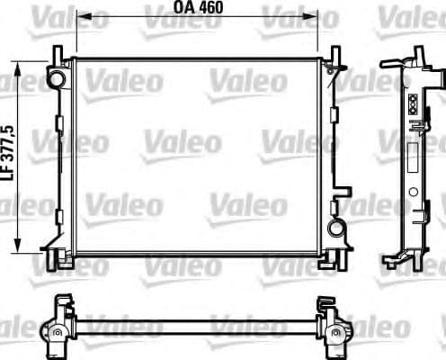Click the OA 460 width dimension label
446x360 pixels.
tap(197, 7)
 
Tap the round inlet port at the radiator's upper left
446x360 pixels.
tap(58, 78)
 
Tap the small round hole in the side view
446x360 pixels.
tap(413, 192)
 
